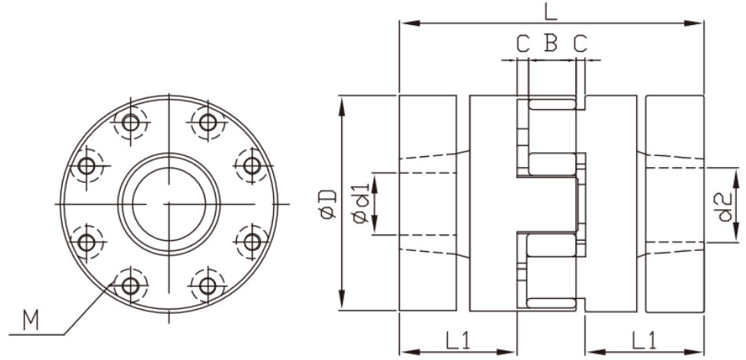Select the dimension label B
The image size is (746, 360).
tap(551, 42)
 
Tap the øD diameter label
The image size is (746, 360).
tap(329, 205)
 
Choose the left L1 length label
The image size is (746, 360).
tap(457, 340)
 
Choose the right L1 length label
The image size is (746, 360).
tap(644, 340)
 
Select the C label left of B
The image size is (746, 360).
tap(523, 43)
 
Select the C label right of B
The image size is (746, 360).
tap(580, 43)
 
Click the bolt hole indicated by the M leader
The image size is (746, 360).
tap(130, 285)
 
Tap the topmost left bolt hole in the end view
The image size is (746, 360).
tap(130, 122)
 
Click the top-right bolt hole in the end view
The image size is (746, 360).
tap(207, 122)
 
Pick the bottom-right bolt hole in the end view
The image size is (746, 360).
tap(207, 285)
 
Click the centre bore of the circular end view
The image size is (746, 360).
tap(169, 204)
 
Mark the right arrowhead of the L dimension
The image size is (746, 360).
tap(693, 23)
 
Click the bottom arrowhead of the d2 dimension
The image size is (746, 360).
tap(737, 232)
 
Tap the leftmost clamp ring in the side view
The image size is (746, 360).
tap(428, 204)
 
